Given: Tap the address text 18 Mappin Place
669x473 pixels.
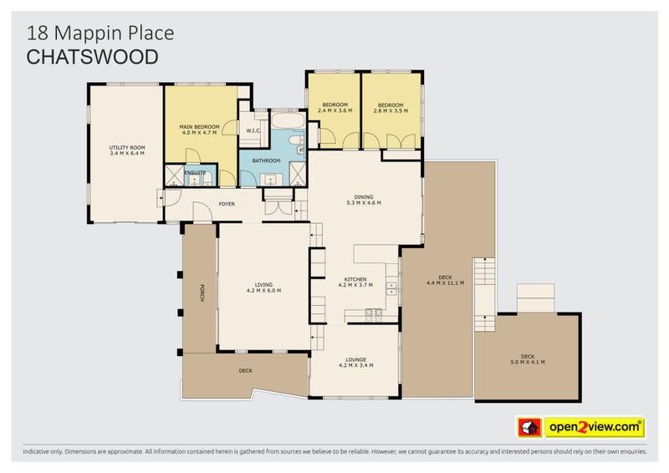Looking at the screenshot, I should click(x=100, y=33).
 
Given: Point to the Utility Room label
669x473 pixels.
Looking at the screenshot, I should click(x=127, y=150).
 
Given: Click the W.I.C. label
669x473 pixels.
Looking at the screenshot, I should click(x=253, y=130).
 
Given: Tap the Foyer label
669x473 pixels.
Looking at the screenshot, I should click(x=226, y=203).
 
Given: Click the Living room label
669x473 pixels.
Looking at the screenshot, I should click(x=263, y=287).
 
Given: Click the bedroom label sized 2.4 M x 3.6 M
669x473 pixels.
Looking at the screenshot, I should click(x=334, y=107).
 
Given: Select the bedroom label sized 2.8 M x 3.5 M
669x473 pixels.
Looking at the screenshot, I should click(x=391, y=107).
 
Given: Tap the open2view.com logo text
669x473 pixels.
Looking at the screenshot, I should click(x=595, y=427).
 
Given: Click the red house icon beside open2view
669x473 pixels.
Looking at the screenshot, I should click(x=528, y=427).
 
